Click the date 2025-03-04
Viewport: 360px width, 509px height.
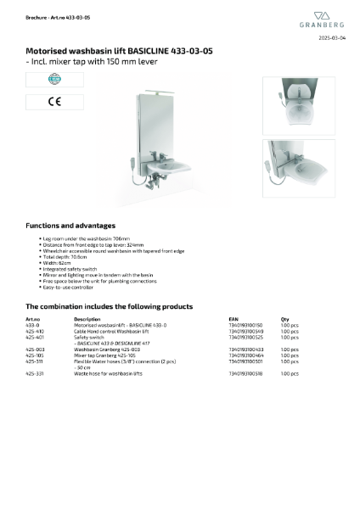[332, 39]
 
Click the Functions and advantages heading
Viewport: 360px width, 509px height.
[70, 226]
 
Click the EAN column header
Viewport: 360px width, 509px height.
[233, 319]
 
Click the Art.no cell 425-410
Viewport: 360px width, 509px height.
[35, 331]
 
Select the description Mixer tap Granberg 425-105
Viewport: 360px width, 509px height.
[107, 355]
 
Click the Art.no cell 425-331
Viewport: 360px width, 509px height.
[35, 372]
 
